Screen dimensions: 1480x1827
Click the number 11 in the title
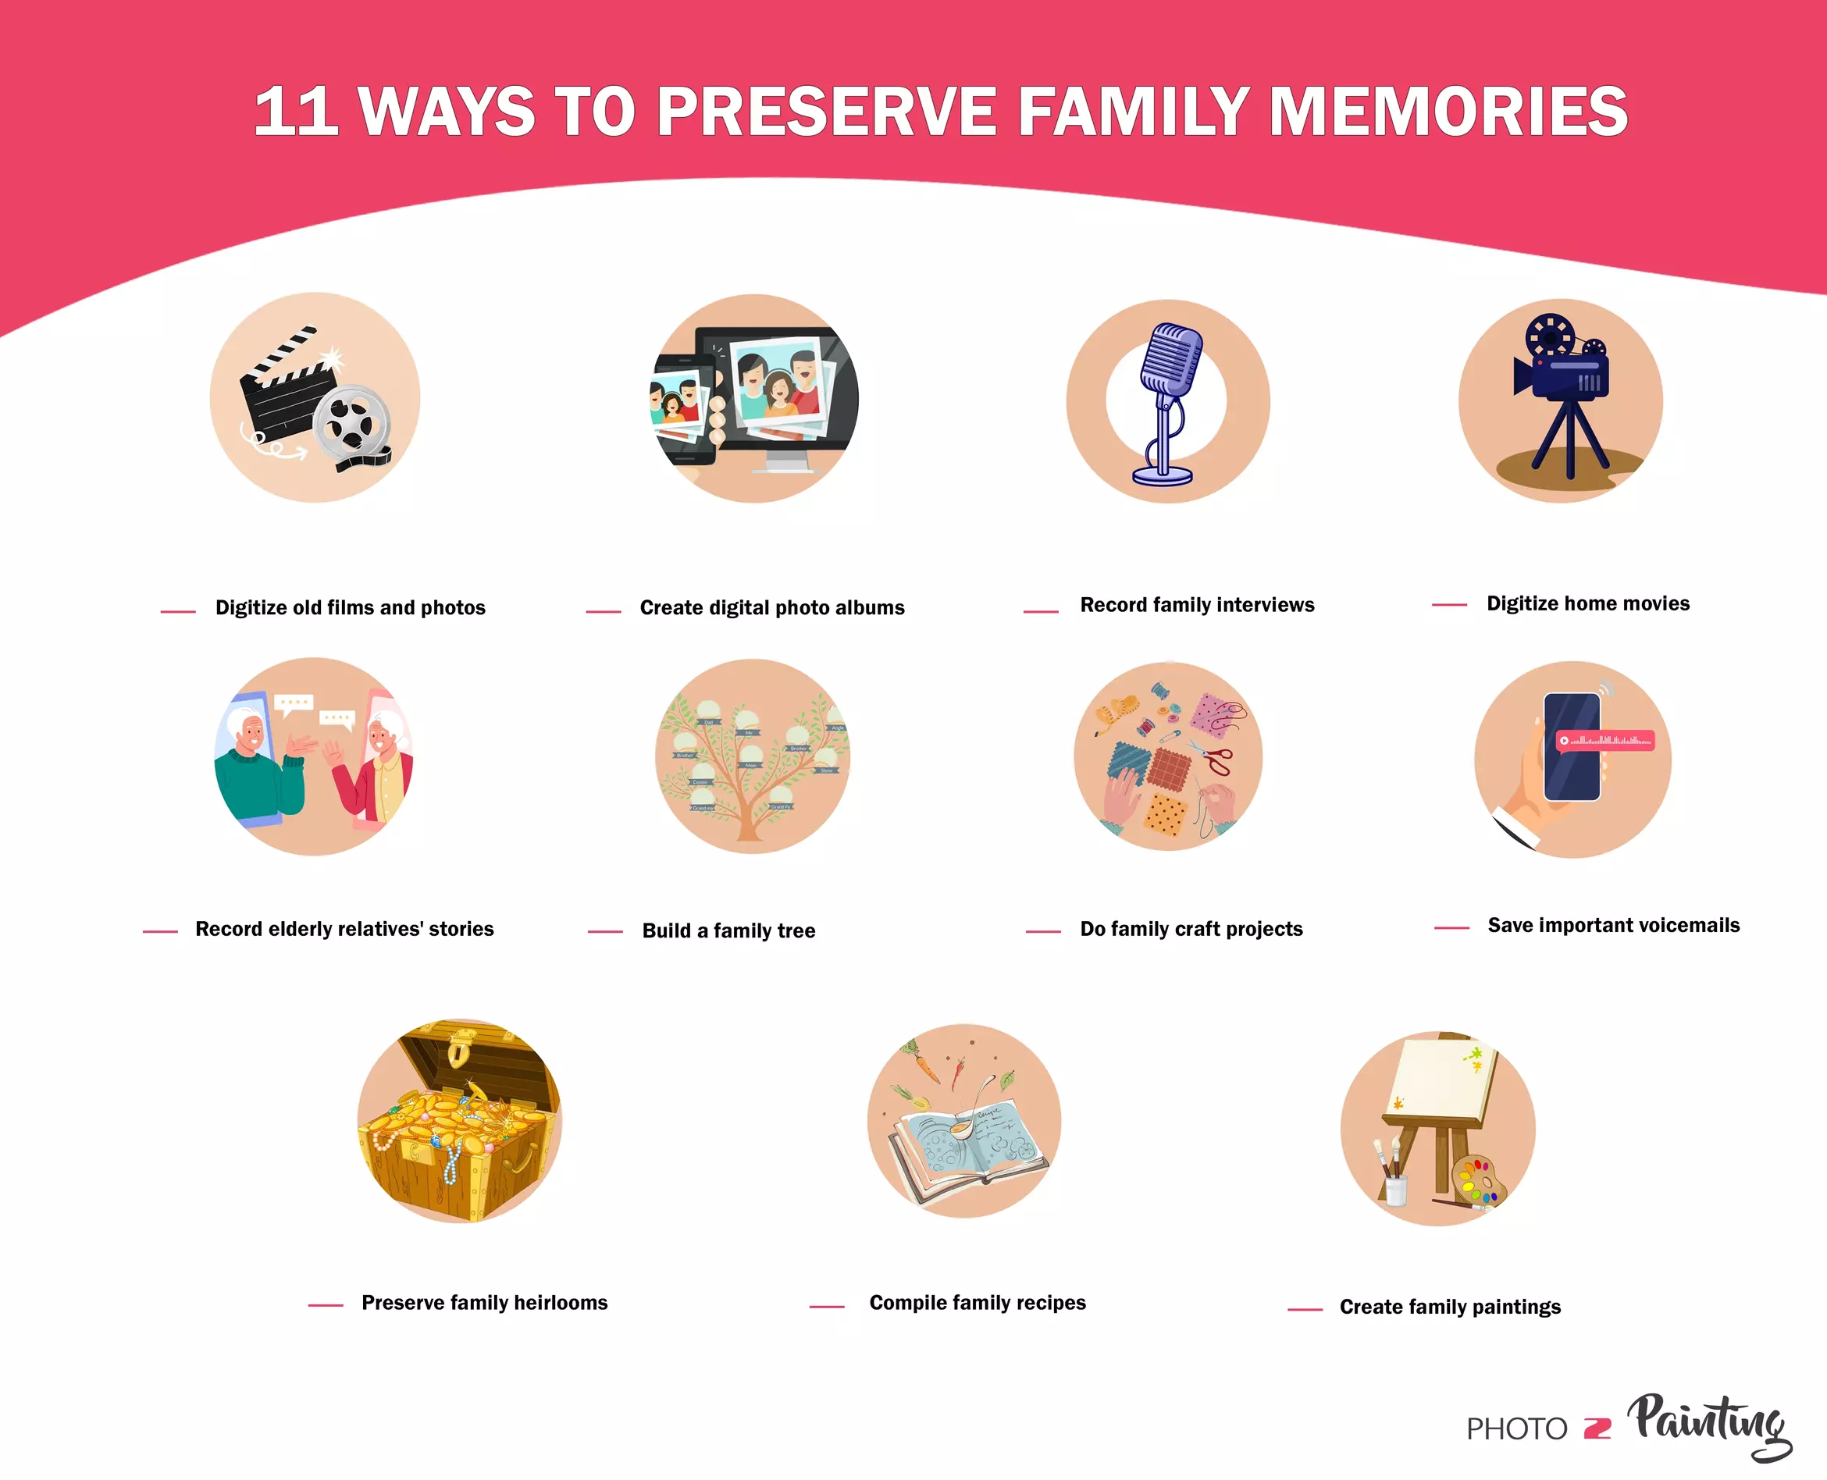click(295, 112)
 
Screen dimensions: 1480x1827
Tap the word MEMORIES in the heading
click(1448, 112)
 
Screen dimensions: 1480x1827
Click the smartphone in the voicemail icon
click(1571, 747)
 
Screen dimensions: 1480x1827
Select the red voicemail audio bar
click(1604, 741)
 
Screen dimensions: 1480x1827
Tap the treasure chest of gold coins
click(458, 1126)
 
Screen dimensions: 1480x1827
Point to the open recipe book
click(967, 1143)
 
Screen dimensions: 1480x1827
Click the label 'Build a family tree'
click(728, 931)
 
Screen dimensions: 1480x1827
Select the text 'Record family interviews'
click(1197, 605)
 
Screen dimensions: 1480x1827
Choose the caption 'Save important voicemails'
click(1613, 926)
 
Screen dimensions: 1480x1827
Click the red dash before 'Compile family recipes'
click(826, 1306)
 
